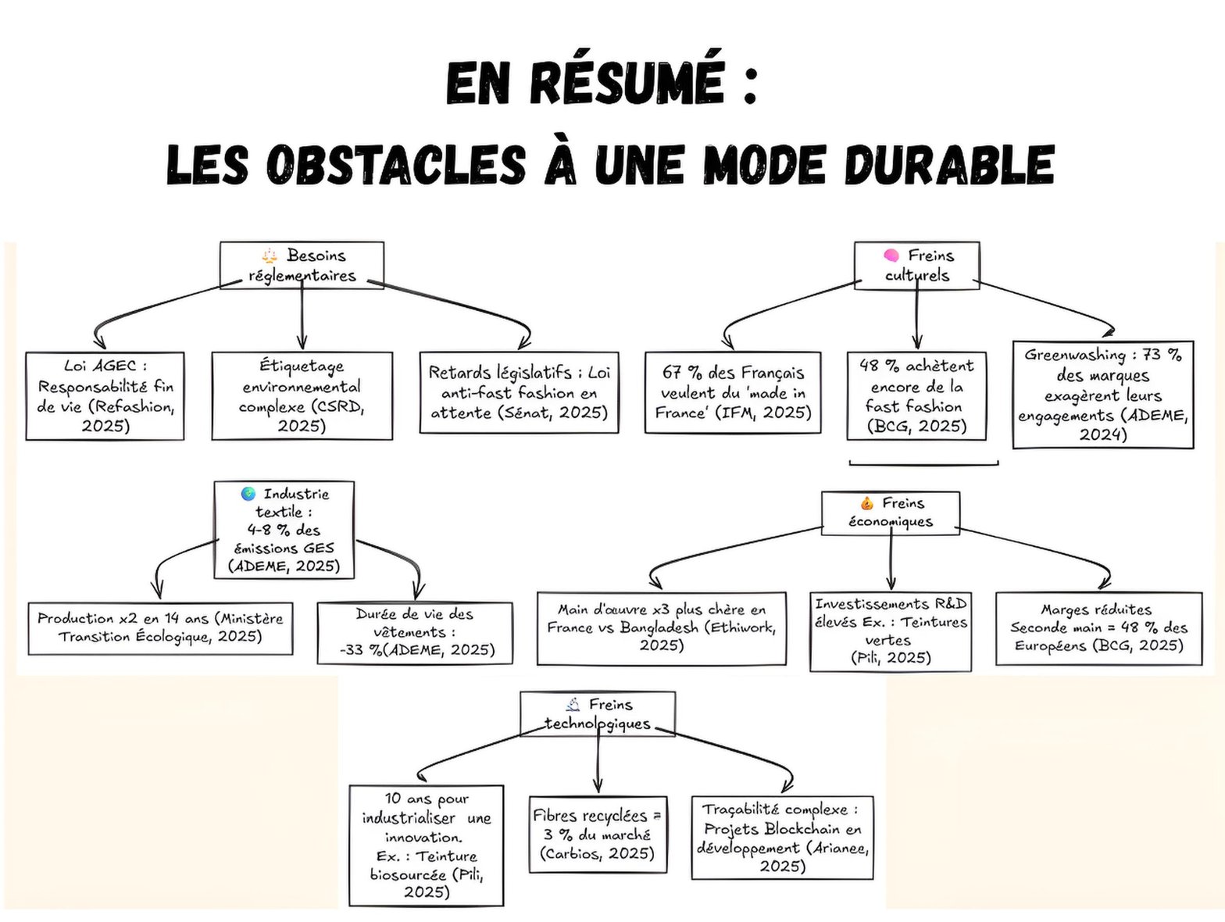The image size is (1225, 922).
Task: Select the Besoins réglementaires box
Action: coord(302,265)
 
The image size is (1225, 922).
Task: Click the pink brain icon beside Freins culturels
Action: coord(891,256)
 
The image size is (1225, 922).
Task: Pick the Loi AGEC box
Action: coord(105,395)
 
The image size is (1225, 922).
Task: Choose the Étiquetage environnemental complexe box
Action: coord(302,395)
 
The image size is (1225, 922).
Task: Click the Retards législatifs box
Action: coord(519,392)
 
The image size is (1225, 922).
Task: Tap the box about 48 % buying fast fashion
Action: coord(916,395)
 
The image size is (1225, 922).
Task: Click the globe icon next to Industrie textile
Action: coord(248,494)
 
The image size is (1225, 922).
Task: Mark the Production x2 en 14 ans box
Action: coord(160,628)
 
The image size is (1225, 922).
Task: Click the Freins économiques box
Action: coord(891,513)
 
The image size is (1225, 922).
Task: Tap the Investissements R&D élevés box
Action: coord(891,631)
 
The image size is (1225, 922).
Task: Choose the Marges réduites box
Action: coord(1099,628)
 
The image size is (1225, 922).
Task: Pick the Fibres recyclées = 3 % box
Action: coord(598,834)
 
